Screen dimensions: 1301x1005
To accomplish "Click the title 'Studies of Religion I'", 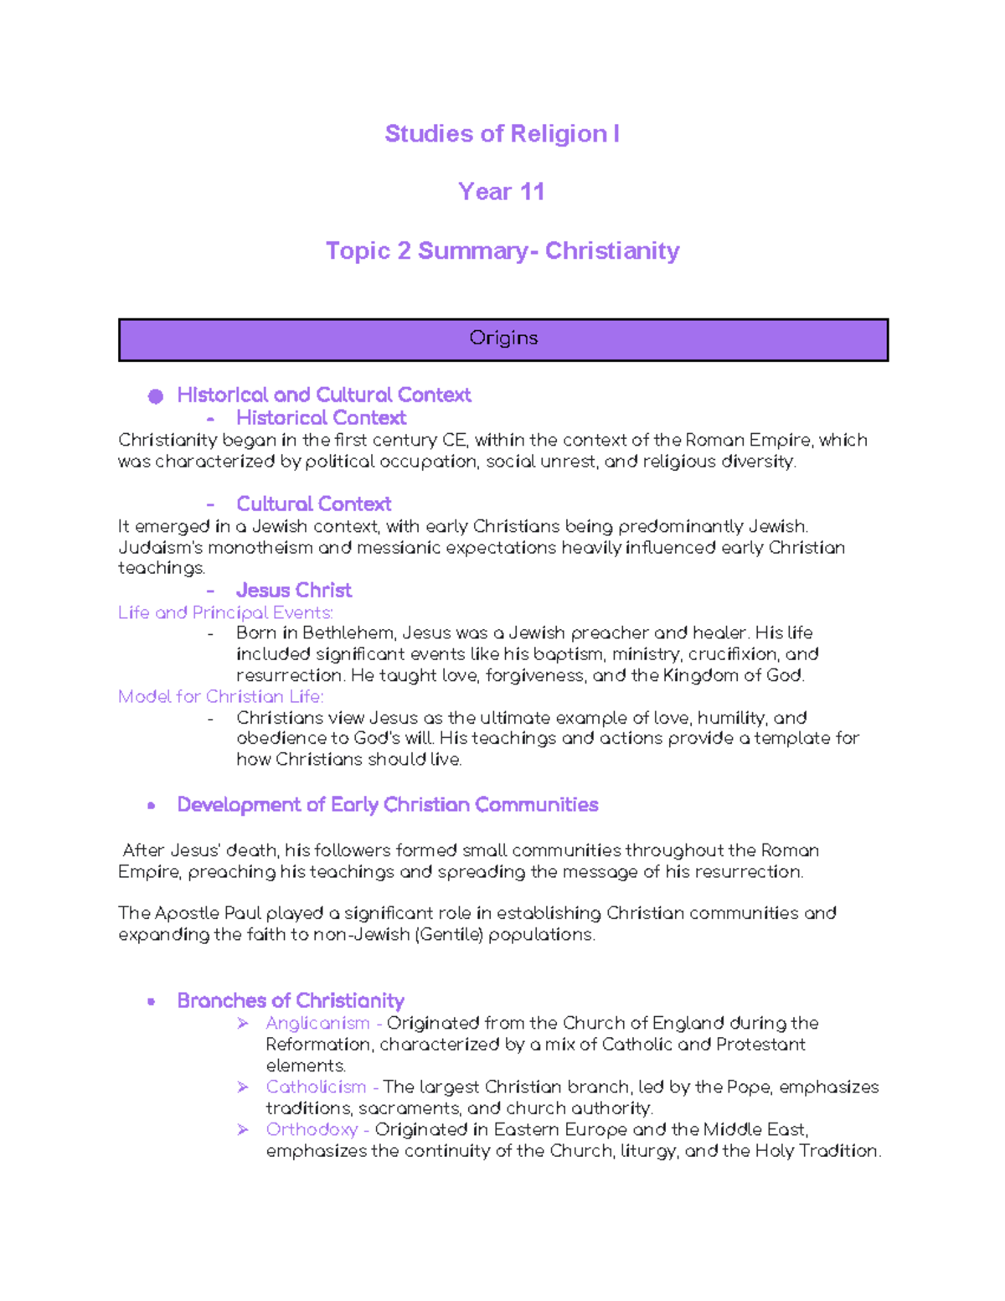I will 502,134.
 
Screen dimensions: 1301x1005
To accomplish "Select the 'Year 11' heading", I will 501,192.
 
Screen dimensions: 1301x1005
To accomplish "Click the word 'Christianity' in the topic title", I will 612,250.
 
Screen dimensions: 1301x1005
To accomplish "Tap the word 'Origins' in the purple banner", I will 502,338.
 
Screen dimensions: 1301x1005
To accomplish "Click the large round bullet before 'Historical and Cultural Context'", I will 156,396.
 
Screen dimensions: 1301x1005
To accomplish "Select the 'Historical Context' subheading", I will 321,417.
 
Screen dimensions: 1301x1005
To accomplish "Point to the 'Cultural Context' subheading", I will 313,503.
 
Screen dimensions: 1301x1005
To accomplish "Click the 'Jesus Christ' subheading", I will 293,590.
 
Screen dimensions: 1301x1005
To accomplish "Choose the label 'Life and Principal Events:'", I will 225,612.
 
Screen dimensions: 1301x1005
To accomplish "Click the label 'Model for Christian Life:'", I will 220,696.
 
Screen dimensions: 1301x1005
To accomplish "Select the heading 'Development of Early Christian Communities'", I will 387,804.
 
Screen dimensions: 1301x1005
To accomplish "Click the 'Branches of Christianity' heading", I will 291,1000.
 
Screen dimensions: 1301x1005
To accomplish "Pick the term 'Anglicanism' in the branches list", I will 317,1023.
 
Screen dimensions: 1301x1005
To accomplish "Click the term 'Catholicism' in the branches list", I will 316,1087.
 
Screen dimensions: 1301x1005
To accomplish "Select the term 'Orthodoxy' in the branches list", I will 312,1129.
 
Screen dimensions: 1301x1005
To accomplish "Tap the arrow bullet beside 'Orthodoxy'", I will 243,1129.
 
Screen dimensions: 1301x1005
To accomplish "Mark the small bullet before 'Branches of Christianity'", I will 152,1001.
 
